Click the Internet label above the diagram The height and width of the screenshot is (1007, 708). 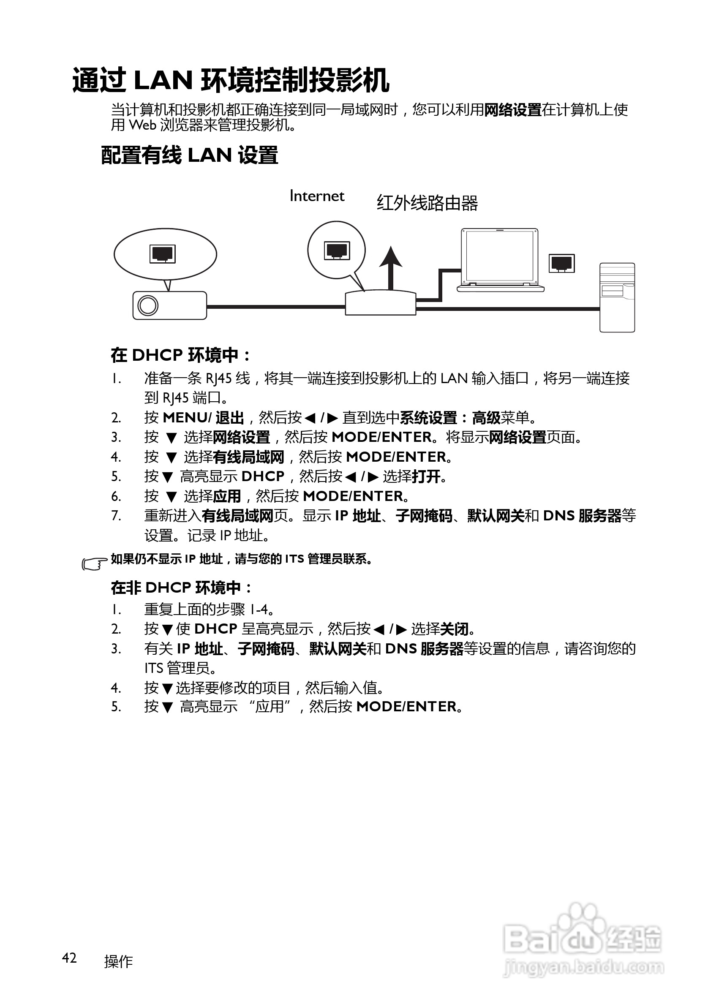(x=317, y=196)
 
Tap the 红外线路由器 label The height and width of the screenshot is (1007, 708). (x=427, y=204)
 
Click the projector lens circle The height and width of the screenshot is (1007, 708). (x=148, y=305)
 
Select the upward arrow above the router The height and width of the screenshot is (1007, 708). (x=390, y=266)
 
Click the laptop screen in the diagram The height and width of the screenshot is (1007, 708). (x=500, y=256)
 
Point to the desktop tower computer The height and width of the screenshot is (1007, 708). (x=617, y=297)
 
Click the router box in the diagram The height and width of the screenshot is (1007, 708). (x=380, y=302)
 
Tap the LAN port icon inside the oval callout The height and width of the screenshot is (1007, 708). (x=162, y=253)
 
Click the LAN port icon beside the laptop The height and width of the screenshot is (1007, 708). (x=561, y=263)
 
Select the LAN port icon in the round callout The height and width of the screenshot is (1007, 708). (x=337, y=250)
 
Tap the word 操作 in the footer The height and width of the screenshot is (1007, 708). (x=118, y=961)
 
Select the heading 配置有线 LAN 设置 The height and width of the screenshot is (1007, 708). (x=190, y=155)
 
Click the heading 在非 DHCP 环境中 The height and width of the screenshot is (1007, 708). (x=181, y=587)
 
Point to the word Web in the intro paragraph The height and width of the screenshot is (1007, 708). (x=142, y=125)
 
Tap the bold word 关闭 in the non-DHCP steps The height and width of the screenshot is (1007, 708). (x=454, y=629)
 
